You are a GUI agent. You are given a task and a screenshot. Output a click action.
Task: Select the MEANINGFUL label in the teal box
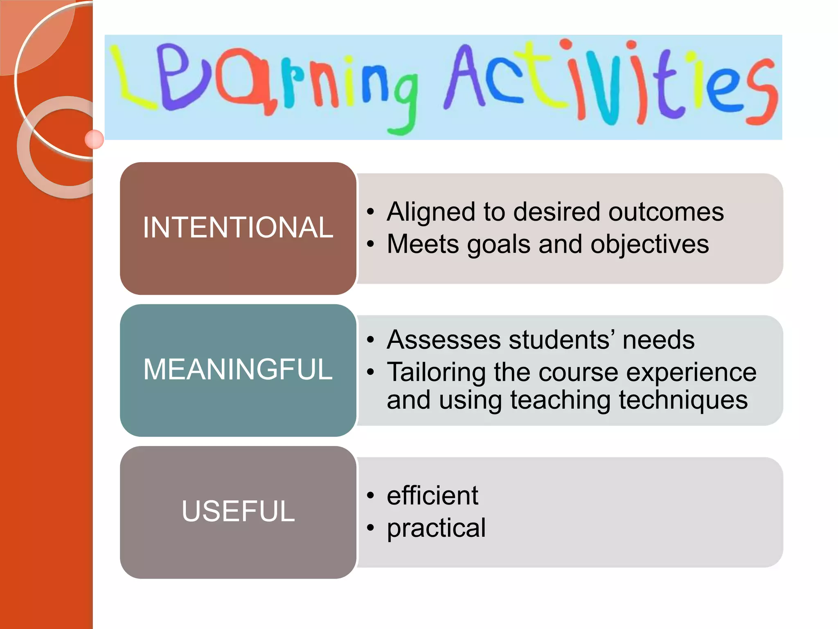(238, 369)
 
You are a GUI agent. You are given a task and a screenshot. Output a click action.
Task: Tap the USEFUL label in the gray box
(238, 511)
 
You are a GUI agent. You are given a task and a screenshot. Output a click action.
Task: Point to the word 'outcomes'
(666, 212)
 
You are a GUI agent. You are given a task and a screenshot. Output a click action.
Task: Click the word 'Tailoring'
(436, 373)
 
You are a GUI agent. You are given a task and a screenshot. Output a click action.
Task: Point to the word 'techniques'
(683, 400)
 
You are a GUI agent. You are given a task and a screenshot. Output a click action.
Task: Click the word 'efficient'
(432, 496)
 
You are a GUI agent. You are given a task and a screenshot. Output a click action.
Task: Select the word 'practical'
(436, 528)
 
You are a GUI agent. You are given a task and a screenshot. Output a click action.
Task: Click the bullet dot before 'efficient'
(371, 496)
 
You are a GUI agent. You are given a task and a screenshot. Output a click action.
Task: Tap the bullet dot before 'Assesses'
(371, 340)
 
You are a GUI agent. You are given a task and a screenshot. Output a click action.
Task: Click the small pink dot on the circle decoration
(94, 139)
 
